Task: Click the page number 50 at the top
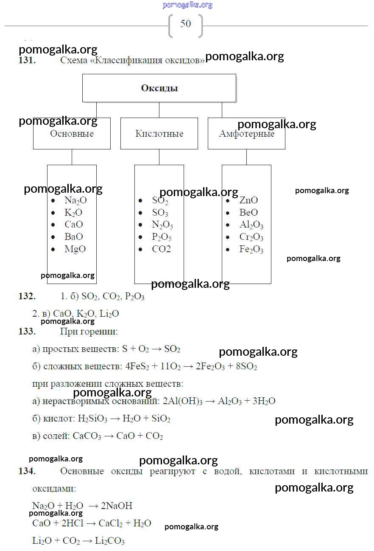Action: coord(186,24)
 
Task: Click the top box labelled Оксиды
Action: coord(159,88)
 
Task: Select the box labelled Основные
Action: coord(72,134)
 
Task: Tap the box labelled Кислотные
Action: coord(159,134)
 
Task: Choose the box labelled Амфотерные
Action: coord(246,134)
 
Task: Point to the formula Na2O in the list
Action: coord(75,200)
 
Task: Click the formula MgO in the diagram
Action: coord(75,249)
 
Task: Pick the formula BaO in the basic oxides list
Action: coord(74,237)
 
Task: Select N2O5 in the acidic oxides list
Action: coord(162,225)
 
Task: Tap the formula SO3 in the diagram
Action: coord(160,213)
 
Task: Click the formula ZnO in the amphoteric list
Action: coord(248,200)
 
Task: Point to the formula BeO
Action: coord(248,213)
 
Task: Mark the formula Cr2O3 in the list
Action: coord(251,237)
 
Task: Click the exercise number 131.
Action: coord(27,60)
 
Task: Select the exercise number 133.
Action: coord(27,332)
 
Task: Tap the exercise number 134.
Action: coord(27,471)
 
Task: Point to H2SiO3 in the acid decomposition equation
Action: coord(92,419)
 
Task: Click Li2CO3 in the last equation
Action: coord(109,541)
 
